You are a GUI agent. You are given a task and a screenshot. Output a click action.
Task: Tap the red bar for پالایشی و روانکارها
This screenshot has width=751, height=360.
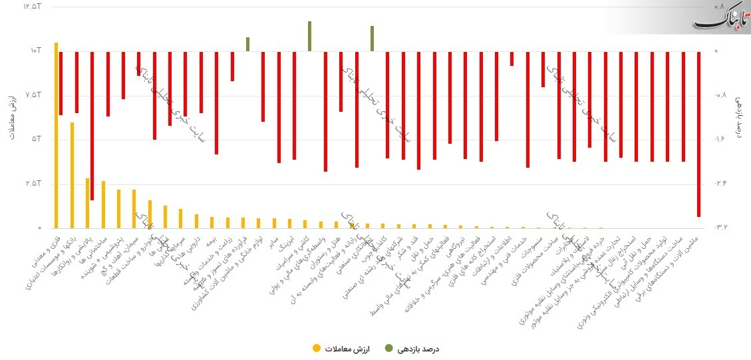[x=92, y=126]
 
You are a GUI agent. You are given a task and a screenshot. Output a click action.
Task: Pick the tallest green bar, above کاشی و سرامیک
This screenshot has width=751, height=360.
[x=310, y=37]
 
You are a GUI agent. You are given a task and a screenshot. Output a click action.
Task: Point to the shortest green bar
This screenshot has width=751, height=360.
[x=247, y=45]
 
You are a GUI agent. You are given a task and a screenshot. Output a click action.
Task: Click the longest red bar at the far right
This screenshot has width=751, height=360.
[x=698, y=134]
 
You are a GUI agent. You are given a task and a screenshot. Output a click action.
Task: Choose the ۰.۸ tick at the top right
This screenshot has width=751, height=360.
[x=721, y=7]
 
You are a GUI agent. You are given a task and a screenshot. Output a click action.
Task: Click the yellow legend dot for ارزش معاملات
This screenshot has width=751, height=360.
[x=316, y=348]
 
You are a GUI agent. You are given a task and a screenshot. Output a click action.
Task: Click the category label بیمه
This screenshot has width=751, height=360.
[x=208, y=242]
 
